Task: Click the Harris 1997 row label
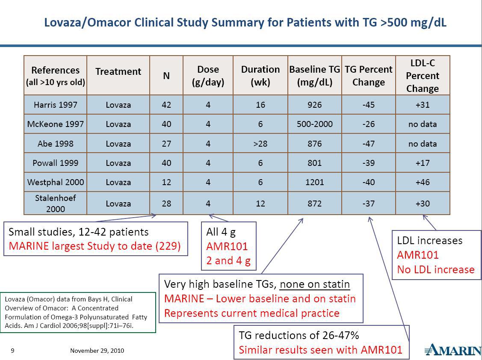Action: click(x=55, y=105)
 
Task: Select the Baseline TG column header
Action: click(x=314, y=75)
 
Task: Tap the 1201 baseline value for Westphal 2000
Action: click(x=314, y=182)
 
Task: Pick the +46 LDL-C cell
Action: click(x=422, y=182)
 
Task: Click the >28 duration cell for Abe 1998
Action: click(x=260, y=144)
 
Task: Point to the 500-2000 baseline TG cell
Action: click(x=314, y=124)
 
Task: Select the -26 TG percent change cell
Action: click(x=368, y=124)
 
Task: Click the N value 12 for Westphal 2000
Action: click(x=166, y=182)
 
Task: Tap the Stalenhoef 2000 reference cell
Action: click(x=55, y=204)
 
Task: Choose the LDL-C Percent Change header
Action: click(x=422, y=76)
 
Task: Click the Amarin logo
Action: click(x=453, y=350)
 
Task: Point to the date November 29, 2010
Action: click(x=97, y=351)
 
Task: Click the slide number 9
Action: click(x=12, y=351)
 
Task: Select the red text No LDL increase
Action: click(x=435, y=270)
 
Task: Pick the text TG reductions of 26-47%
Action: click(x=299, y=335)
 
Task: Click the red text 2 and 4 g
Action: click(x=228, y=261)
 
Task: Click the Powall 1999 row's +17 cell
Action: click(x=422, y=163)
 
